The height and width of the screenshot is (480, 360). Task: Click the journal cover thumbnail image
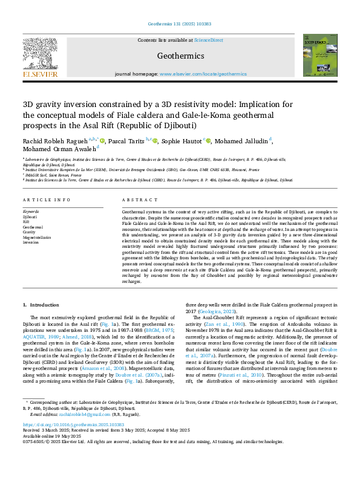[319, 57]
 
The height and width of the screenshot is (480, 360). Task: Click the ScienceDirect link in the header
[209, 40]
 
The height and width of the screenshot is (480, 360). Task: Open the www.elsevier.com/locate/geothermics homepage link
[203, 73]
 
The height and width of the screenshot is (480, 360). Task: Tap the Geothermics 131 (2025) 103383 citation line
[180, 24]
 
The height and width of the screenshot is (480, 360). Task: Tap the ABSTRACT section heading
[135, 199]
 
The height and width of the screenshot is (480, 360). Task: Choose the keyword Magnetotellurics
[36, 237]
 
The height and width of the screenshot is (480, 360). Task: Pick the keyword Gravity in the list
[28, 232]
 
